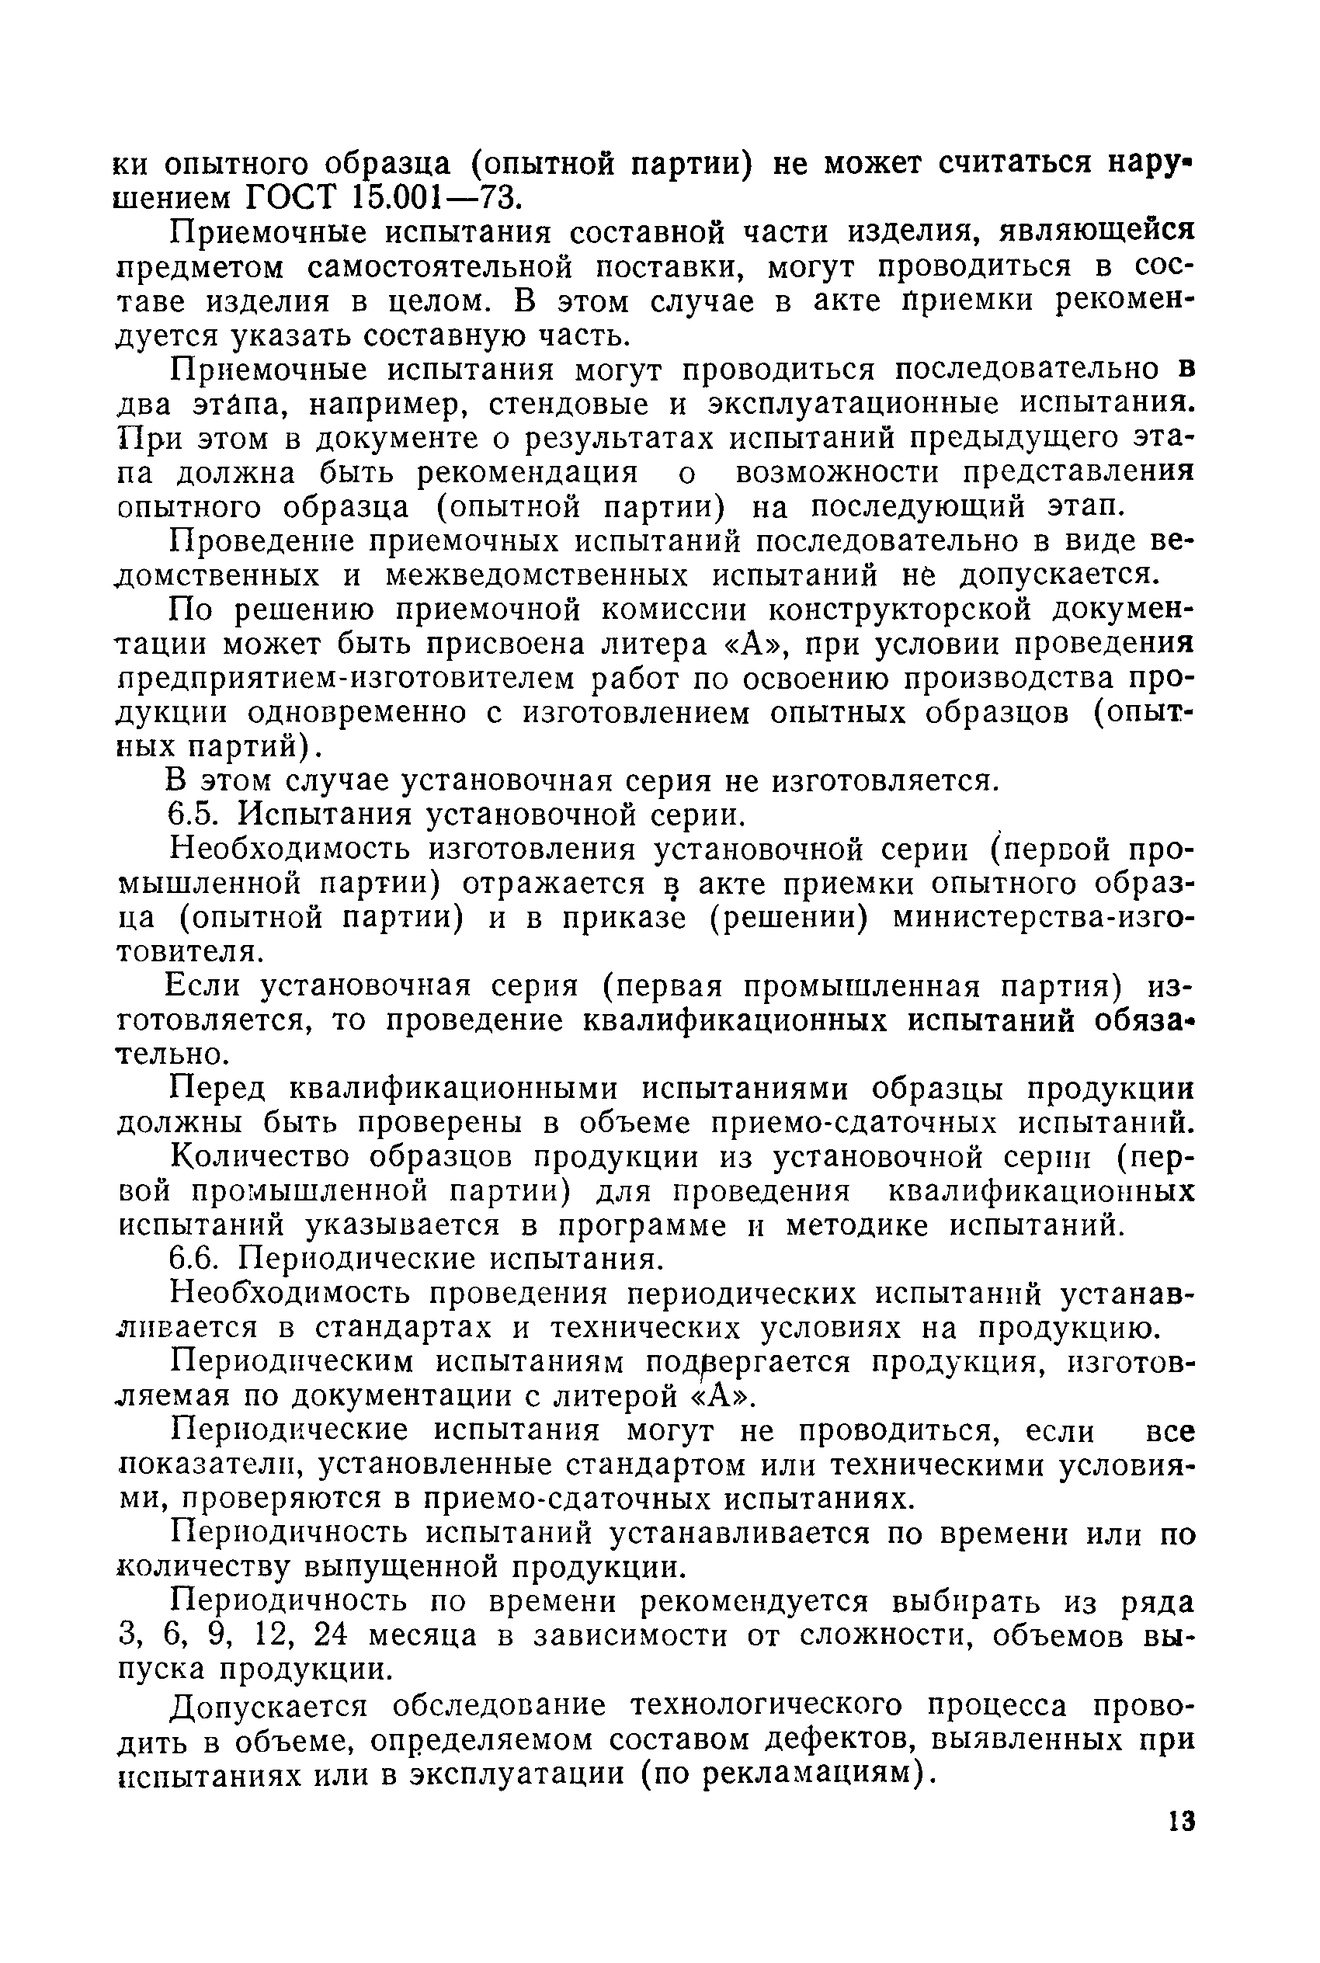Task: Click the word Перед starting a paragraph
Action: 217,1089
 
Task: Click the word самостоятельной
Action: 440,266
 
